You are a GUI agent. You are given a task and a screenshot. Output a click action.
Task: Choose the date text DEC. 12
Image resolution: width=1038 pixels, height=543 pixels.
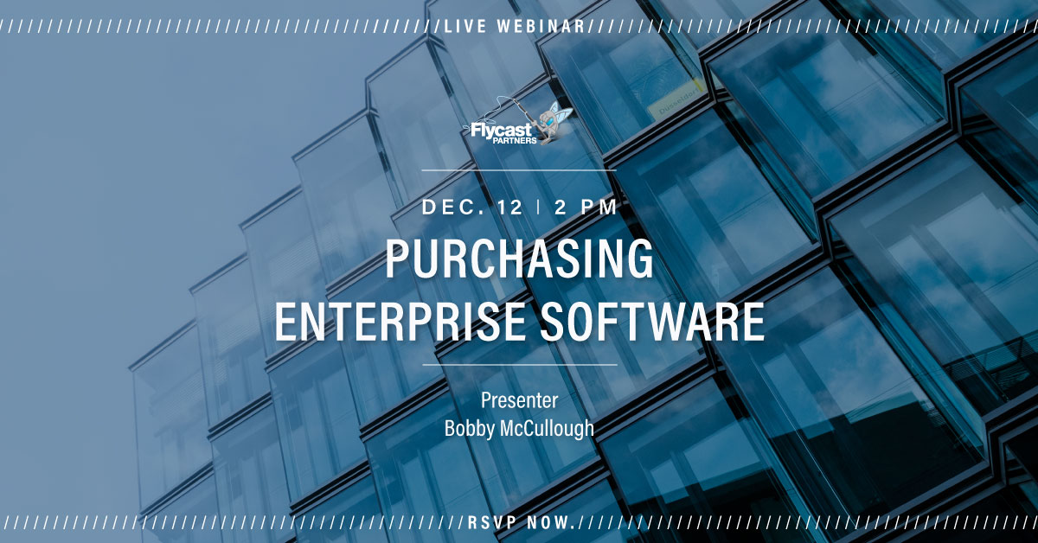point(468,208)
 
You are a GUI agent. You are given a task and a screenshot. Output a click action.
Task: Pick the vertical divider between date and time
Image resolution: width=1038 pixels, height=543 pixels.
point(538,208)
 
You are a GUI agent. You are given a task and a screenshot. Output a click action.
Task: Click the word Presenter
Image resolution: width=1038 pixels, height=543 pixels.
point(519,402)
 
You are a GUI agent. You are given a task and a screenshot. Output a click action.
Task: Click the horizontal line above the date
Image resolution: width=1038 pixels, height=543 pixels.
point(519,170)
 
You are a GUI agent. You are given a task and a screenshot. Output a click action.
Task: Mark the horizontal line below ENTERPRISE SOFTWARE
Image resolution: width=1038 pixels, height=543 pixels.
point(519,365)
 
